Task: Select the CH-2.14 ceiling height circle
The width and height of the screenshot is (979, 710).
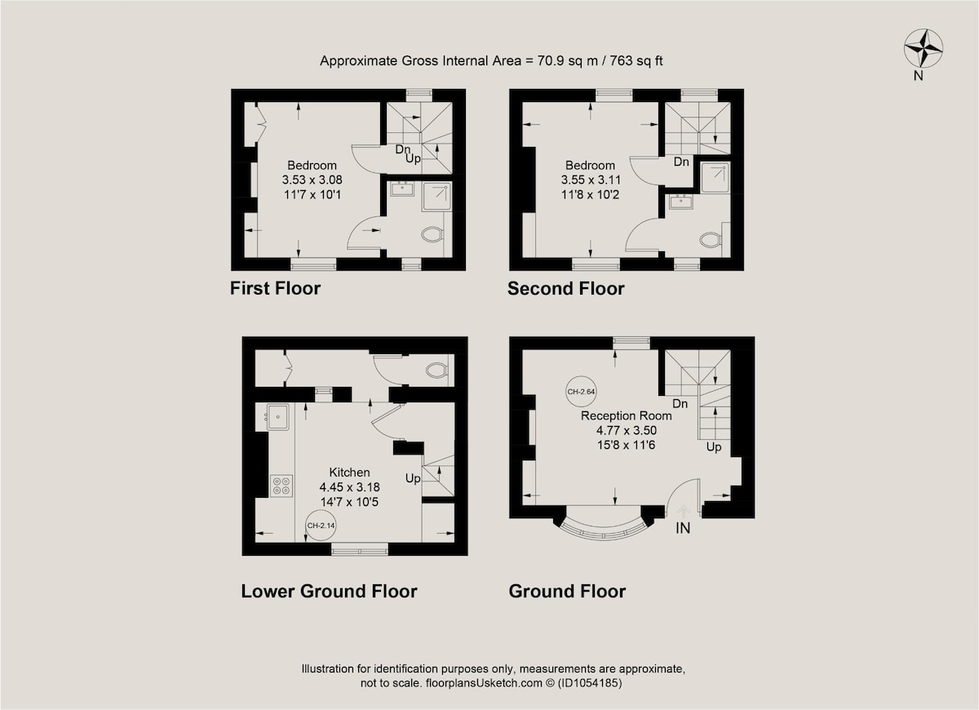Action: [x=321, y=526]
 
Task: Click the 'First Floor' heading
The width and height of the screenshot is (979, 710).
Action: [x=276, y=289]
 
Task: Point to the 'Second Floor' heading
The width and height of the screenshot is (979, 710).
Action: [x=566, y=289]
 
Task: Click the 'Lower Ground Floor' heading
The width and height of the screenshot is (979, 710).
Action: [x=329, y=591]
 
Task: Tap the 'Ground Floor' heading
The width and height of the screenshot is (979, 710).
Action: [x=567, y=591]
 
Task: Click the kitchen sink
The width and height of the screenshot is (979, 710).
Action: [x=278, y=417]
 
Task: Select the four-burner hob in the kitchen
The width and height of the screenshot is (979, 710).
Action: [x=281, y=486]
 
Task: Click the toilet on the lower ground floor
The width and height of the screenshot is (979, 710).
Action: [x=436, y=371]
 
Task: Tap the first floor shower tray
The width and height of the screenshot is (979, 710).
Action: [x=436, y=197]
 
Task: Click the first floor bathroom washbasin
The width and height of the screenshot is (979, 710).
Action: [x=402, y=189]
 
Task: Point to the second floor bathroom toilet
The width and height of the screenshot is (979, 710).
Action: [x=711, y=240]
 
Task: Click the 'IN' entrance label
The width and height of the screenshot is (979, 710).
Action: [x=683, y=529]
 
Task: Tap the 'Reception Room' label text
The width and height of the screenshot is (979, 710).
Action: [x=627, y=415]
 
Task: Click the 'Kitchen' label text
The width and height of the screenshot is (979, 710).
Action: [x=350, y=473]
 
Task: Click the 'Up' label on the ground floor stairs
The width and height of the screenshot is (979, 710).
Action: [x=714, y=447]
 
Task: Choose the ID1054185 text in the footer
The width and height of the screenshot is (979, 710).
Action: [x=589, y=683]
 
